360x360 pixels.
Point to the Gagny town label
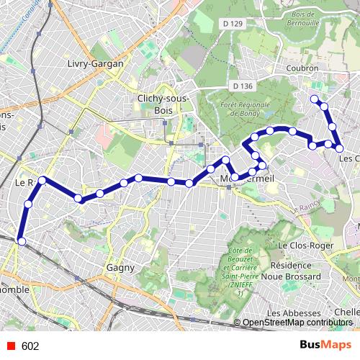pos(120,268)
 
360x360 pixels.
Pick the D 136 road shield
pos(243,86)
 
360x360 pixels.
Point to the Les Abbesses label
pos(293,313)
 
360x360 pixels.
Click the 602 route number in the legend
pos(30,346)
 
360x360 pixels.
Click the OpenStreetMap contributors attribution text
pos(297,323)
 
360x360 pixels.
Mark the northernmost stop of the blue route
pos(313,99)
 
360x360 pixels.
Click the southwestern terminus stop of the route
pos(22,241)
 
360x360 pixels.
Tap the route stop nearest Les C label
pos(339,148)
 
